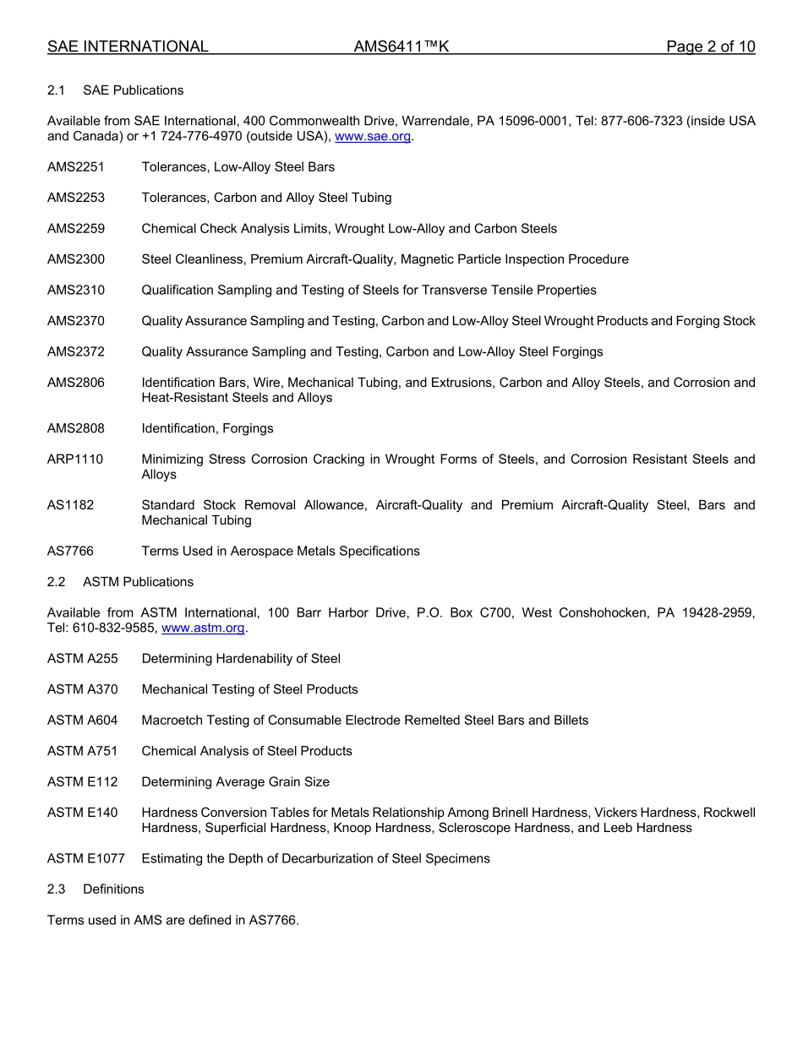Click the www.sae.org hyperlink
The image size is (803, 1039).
coord(373,136)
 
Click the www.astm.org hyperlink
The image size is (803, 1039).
coord(203,628)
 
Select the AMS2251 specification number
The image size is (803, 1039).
coord(76,167)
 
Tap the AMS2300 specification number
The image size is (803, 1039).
coord(76,259)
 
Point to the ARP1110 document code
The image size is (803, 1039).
coord(75,460)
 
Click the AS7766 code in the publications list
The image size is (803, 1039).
coord(71,551)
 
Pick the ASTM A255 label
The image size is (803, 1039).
coord(83,658)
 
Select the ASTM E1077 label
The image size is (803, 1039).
coord(86,858)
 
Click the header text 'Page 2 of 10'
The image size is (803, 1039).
coord(710,46)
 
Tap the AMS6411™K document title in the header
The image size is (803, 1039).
coord(401,46)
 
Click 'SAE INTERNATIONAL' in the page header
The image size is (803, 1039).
coord(128,46)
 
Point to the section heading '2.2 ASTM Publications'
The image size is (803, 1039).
coord(120,581)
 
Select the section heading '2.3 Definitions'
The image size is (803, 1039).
coord(96,889)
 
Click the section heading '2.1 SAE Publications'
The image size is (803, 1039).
coord(115,90)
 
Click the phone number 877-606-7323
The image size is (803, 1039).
coord(639,121)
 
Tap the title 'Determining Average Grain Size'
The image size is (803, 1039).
coord(235,781)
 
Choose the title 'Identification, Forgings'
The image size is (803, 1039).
coord(207,428)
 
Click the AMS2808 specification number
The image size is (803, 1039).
coord(76,428)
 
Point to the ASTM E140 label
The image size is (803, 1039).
coord(83,812)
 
